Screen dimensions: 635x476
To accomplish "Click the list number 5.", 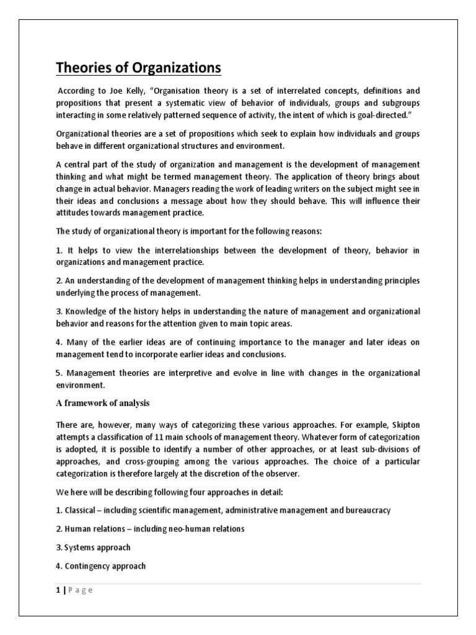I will pos(59,373).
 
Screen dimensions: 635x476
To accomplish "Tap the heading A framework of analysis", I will pos(103,403).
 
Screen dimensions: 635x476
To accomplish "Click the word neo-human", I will pos(185,528).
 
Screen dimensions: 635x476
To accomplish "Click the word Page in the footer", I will pos(82,590).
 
